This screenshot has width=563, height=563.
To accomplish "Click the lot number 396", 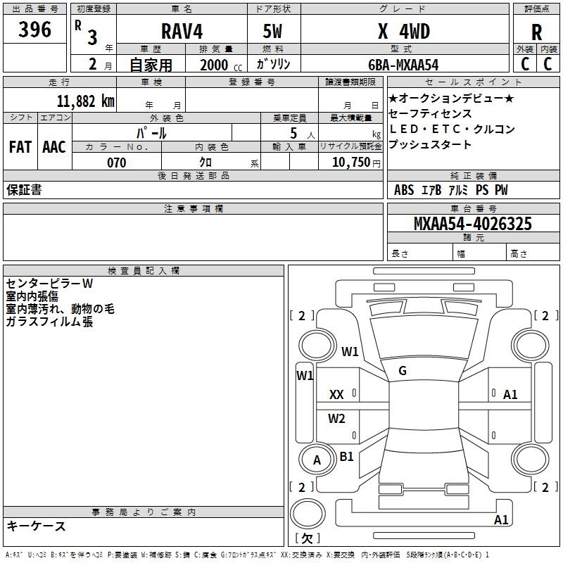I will [x=35, y=30].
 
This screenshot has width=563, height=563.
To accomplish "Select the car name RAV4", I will [x=181, y=31].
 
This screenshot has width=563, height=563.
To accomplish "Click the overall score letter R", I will [x=536, y=32].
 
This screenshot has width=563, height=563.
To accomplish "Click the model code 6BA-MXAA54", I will [x=403, y=65].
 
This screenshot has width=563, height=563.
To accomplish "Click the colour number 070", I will [x=117, y=163].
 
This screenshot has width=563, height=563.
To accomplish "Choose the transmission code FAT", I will [x=20, y=147].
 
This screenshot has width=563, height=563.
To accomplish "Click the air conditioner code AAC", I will [x=54, y=147].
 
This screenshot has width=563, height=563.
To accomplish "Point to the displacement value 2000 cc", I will [x=218, y=65].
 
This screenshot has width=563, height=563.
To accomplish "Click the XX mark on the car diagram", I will [x=336, y=396].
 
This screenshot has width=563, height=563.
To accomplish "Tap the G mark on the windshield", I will [x=403, y=371].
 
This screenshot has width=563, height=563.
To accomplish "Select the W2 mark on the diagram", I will [x=337, y=419].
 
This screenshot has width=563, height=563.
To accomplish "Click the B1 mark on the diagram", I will [x=346, y=456].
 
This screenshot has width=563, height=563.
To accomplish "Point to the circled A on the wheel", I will [x=317, y=460].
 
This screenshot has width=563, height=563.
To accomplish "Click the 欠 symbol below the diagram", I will [x=306, y=538].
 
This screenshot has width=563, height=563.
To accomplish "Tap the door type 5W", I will [x=272, y=31].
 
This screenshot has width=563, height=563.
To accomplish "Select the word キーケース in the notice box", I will [x=37, y=526].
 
